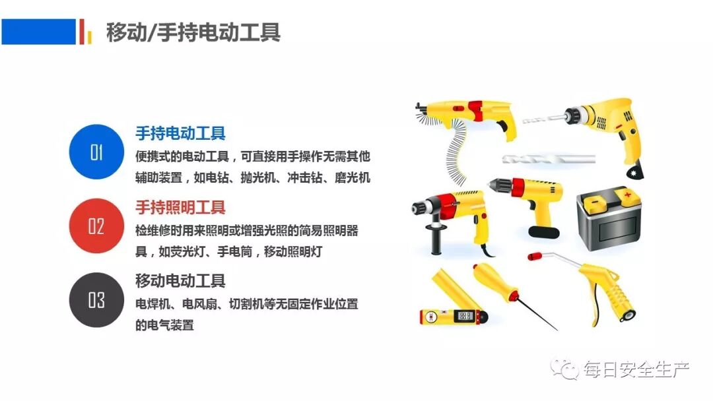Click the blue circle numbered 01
96,152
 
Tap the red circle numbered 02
96,226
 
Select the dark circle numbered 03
96,299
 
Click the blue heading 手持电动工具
180,133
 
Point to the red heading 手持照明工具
180,208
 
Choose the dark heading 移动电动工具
180,281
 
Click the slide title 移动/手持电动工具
193,32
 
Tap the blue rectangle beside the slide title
39,32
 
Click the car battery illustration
609,219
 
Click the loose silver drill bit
549,159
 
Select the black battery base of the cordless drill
544,232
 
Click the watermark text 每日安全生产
636,369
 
